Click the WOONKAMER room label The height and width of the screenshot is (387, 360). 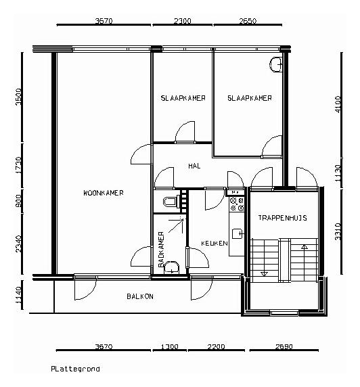tap(104, 193)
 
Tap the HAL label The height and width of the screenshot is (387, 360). tap(194, 166)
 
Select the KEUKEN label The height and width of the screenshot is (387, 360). tap(215, 244)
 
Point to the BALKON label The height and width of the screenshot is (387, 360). tap(140, 296)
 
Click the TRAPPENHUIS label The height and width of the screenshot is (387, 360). tap(282, 218)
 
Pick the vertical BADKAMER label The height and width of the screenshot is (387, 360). tap(161, 249)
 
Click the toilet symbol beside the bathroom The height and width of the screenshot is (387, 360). tap(171, 202)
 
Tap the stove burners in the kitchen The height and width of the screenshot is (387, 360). tap(237, 204)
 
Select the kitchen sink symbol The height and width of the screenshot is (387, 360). tap(238, 233)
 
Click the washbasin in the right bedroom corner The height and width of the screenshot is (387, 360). tap(275, 65)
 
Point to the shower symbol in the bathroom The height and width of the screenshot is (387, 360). tap(177, 225)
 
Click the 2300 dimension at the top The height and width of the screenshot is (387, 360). tap(182, 21)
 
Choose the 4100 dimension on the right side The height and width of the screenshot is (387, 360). tap(338, 104)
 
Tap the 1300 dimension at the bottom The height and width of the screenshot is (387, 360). tap(170, 347)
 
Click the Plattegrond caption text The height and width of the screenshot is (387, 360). tap(75, 369)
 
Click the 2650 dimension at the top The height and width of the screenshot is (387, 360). tap(248, 21)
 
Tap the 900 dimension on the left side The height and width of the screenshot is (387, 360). tap(19, 201)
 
